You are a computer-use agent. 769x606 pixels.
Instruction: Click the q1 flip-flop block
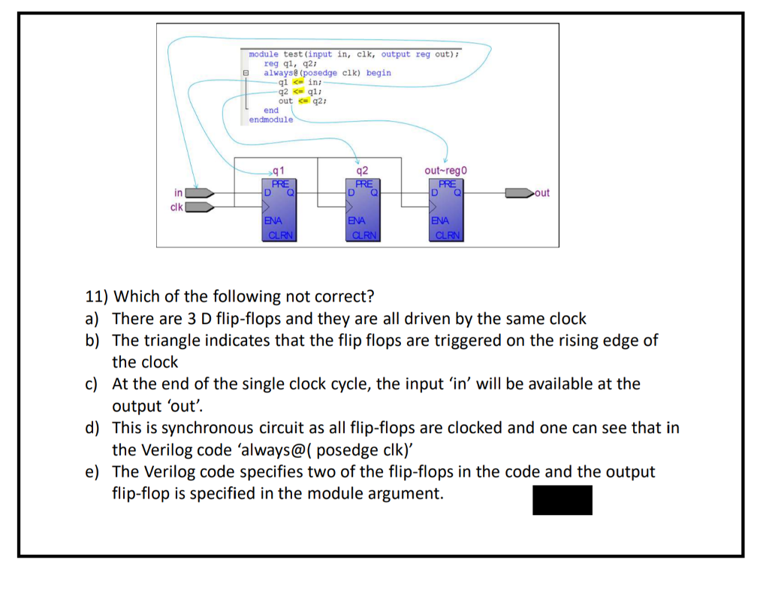tap(279, 210)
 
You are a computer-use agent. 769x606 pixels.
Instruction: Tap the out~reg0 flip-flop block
tap(447, 210)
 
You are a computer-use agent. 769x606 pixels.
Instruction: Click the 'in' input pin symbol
tap(199, 193)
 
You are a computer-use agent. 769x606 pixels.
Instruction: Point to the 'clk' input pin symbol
tap(199, 207)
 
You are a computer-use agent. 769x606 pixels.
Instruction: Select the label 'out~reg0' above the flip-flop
tap(446, 170)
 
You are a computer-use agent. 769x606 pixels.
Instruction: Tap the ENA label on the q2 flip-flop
tap(357, 221)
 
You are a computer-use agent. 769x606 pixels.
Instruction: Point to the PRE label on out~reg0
tap(447, 183)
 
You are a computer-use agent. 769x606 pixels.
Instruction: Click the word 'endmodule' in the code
tap(270, 120)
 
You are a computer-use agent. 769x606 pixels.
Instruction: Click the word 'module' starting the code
tap(264, 54)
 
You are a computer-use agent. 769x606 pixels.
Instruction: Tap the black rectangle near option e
tap(562, 500)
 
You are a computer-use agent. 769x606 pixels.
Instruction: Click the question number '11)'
tap(95, 296)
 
